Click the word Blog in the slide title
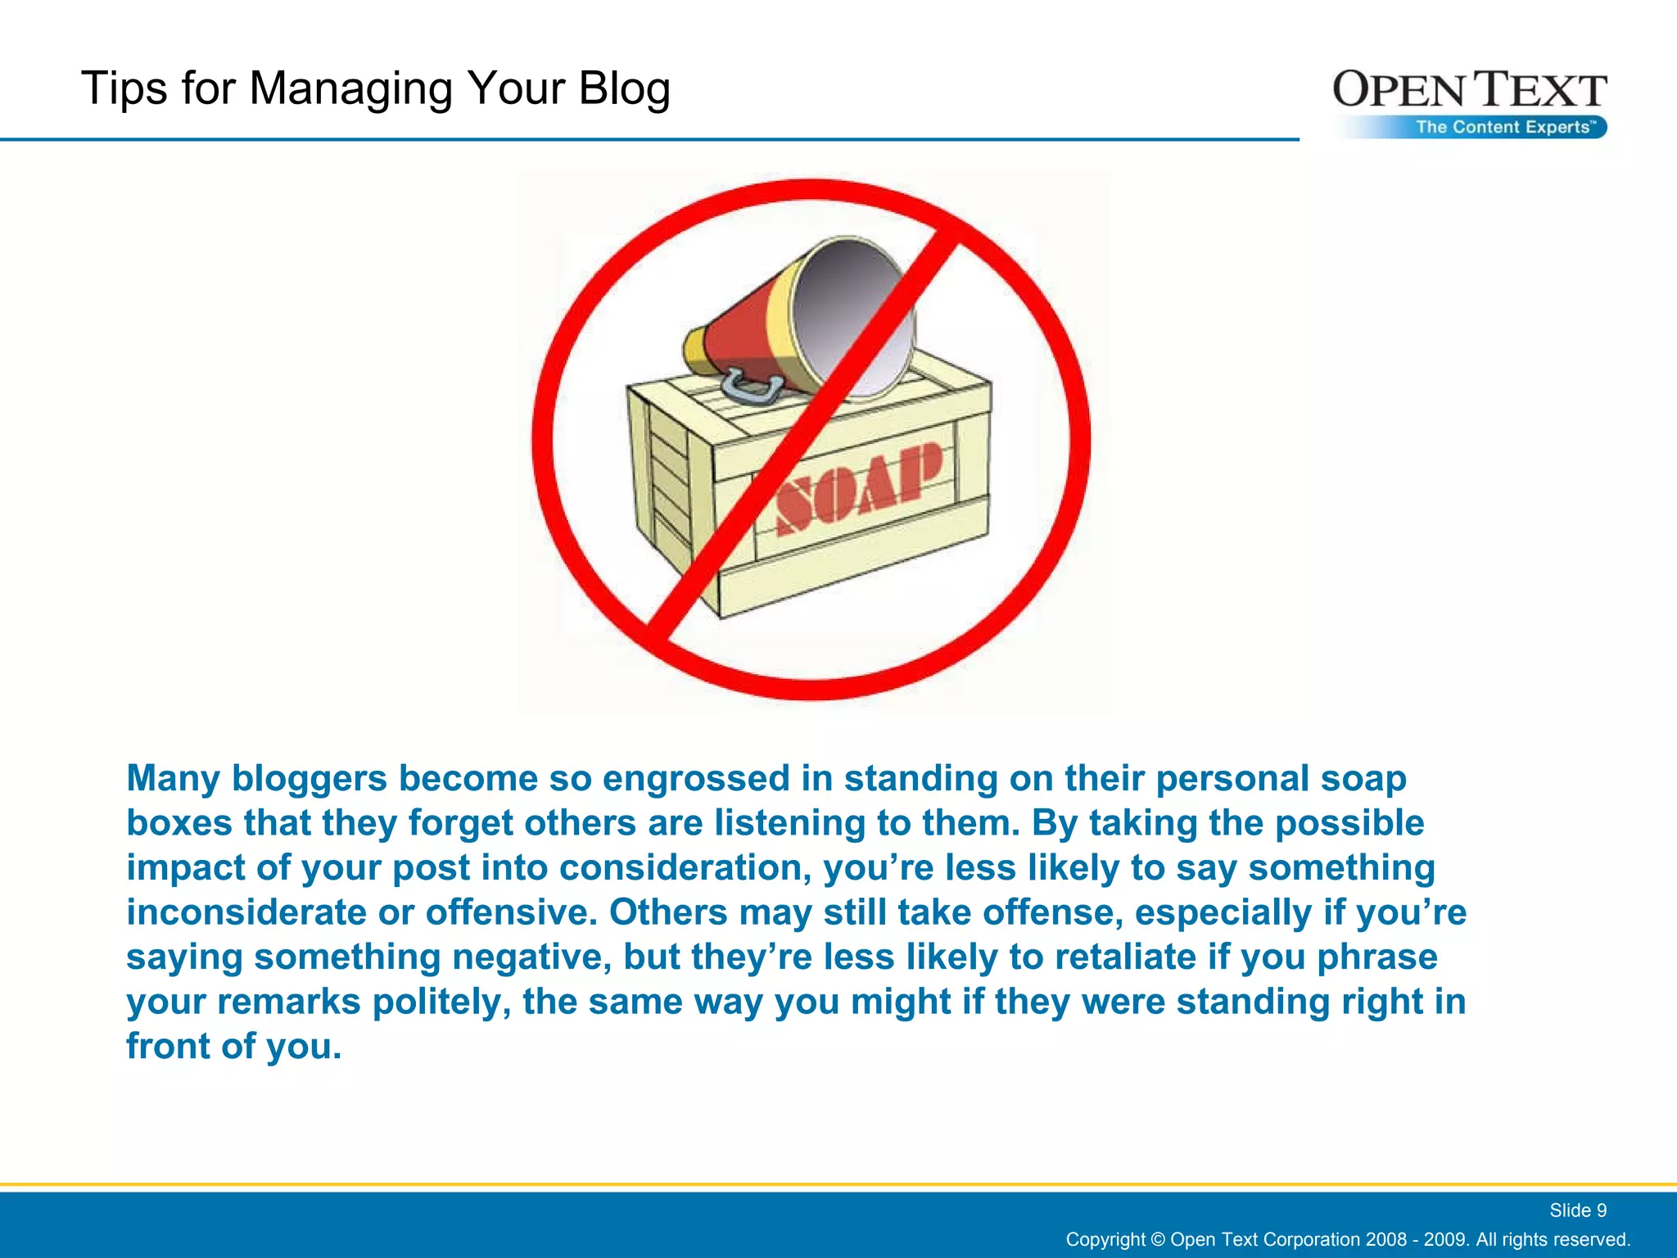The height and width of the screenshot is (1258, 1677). [624, 88]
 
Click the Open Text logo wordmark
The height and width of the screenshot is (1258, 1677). [1469, 90]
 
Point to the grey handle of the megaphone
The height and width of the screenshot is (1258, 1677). [749, 388]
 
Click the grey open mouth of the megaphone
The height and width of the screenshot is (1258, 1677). [852, 315]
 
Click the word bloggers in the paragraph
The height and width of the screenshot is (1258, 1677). [309, 778]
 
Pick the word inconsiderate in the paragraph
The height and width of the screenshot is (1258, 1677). [246, 912]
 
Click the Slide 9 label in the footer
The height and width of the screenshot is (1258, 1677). [1577, 1210]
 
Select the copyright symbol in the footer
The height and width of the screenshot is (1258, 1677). [1157, 1239]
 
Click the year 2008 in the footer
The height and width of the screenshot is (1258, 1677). [1384, 1239]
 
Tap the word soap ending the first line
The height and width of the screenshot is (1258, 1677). [1363, 778]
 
